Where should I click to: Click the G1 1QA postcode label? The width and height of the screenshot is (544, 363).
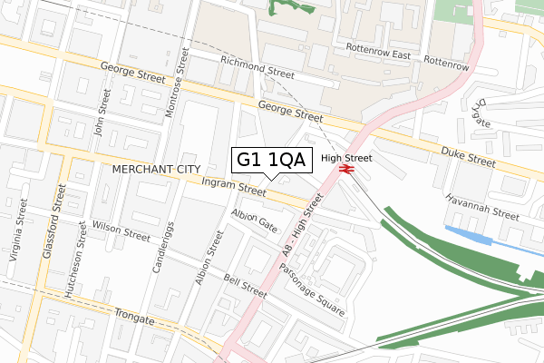point(273,160)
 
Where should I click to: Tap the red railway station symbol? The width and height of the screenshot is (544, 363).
point(345,169)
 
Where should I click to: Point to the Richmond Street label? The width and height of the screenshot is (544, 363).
point(257,65)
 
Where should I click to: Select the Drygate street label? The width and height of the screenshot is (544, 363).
point(481,112)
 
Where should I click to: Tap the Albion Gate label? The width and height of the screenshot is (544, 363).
point(254,220)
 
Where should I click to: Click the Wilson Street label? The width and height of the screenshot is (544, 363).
point(121,231)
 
